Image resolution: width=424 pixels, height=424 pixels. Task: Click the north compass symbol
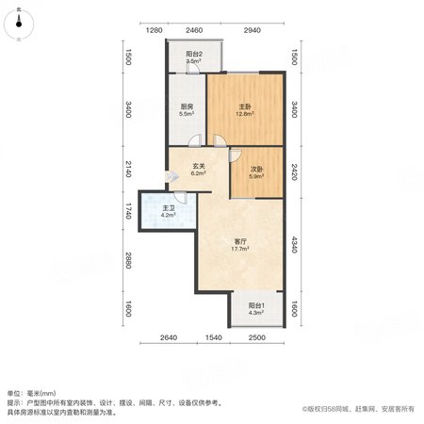19,24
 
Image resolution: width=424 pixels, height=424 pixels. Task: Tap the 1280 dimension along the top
155,30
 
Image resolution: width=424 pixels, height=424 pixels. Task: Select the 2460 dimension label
194,30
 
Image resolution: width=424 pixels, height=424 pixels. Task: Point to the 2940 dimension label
253,30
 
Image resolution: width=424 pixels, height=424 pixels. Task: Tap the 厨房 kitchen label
187,106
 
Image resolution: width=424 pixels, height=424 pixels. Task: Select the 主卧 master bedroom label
245,107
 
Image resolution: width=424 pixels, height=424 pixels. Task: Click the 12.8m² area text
245,114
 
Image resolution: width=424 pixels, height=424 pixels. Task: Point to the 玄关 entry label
199,166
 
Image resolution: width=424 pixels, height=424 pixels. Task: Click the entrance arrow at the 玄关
172,176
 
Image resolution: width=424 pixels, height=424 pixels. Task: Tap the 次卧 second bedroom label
256,169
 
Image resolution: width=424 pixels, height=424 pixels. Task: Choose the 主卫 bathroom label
169,208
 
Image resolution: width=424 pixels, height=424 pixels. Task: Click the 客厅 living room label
240,241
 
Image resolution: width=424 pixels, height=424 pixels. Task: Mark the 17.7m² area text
240,249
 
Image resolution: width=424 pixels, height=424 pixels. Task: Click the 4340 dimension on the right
294,245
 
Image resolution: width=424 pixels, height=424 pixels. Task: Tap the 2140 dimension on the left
128,169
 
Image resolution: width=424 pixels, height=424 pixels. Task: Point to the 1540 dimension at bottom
214,337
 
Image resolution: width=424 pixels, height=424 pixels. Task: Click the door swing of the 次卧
236,155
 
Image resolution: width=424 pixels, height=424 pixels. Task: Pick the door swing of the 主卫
181,198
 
